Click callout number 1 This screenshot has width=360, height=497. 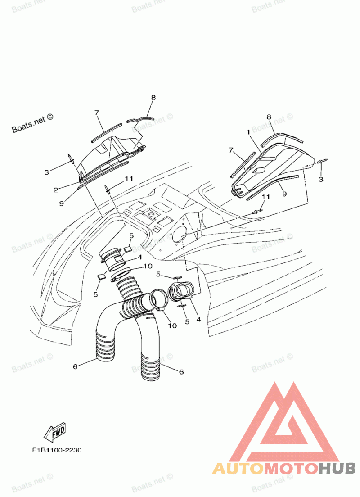(x=247, y=132)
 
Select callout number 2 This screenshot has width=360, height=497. (x=55, y=190)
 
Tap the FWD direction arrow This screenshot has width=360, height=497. (x=54, y=433)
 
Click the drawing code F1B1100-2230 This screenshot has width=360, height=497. (x=56, y=450)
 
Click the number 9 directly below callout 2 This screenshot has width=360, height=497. (x=61, y=203)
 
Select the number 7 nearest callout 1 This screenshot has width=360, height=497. (x=231, y=150)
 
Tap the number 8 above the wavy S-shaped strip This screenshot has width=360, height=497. (x=153, y=97)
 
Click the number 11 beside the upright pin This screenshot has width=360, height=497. (x=129, y=179)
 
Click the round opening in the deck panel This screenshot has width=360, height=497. (x=180, y=233)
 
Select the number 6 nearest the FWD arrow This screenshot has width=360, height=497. (x=75, y=366)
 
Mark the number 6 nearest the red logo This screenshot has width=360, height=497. (x=181, y=372)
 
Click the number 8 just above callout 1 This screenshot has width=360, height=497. (x=269, y=117)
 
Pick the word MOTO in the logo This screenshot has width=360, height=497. (x=290, y=469)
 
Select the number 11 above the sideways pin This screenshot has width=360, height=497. (x=265, y=197)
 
